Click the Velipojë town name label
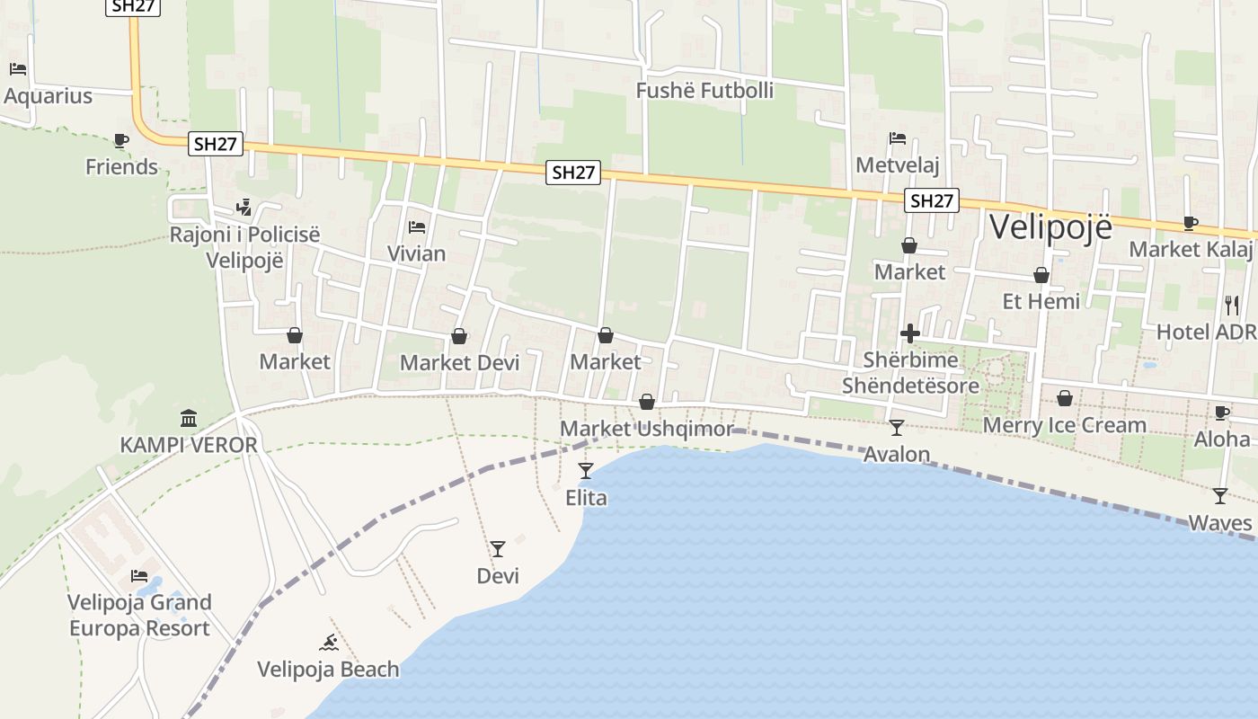(1050, 227)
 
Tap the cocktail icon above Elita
(586, 470)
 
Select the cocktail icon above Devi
(498, 548)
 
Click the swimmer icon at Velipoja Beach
(329, 643)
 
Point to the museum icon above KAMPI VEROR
(189, 418)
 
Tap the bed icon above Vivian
(416, 227)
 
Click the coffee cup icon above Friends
(121, 140)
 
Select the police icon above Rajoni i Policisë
(244, 208)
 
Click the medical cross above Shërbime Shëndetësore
(909, 333)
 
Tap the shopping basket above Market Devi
(459, 336)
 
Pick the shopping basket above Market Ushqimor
(647, 402)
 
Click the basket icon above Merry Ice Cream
(1065, 397)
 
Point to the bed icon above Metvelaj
(897, 138)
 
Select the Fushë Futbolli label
(704, 91)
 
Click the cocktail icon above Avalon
(896, 427)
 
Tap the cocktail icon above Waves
(1219, 495)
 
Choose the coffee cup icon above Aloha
(1221, 413)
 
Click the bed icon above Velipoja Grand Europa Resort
(139, 575)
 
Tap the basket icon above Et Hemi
(1041, 275)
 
